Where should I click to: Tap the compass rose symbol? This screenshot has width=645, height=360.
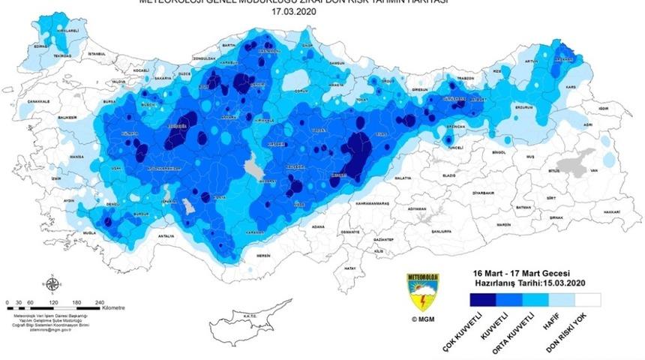pos(53,283)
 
